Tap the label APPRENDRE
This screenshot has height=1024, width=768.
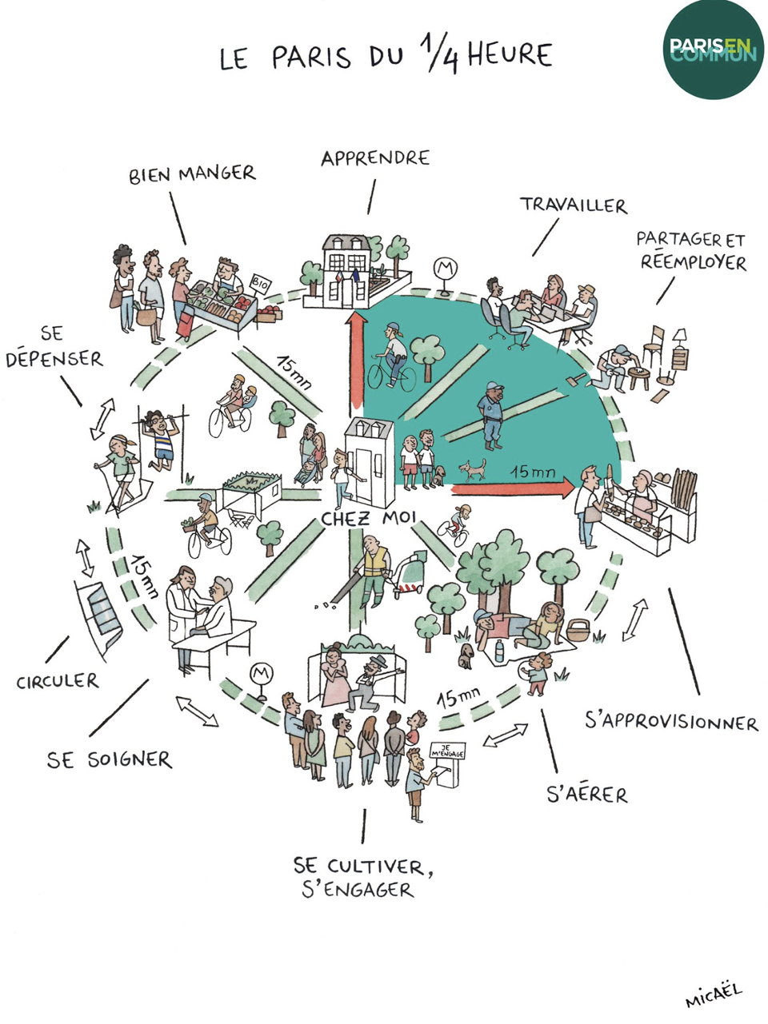click(375, 158)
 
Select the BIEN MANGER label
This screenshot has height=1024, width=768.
click(192, 174)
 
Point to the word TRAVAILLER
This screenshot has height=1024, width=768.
click(574, 205)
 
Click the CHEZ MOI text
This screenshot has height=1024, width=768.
click(369, 519)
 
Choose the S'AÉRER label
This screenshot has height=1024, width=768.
click(586, 794)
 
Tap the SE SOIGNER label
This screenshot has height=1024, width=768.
click(109, 759)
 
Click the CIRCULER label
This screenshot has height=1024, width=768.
click(58, 682)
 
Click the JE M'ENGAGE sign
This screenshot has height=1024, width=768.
click(447, 751)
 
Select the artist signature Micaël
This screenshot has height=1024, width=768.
click(713, 995)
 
